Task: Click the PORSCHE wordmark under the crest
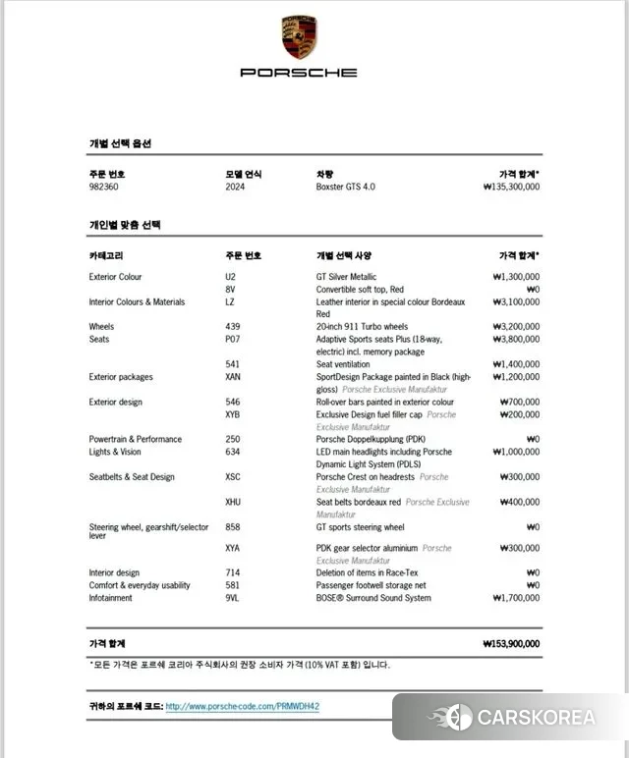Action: [x=299, y=73]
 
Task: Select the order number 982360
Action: [x=107, y=187]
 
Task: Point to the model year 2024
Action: [x=235, y=187]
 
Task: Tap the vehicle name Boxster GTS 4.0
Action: [x=345, y=187]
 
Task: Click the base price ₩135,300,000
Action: [x=511, y=187]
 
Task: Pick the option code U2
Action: [x=230, y=277]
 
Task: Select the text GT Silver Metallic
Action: [x=346, y=277]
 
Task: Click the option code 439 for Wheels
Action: [x=232, y=327]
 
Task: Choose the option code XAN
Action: [x=233, y=377]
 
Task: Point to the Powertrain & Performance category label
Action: [x=135, y=440]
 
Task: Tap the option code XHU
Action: [x=233, y=502]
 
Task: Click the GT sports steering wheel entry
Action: [x=360, y=527]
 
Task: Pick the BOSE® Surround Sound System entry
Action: [x=372, y=597]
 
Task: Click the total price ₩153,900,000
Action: [x=511, y=644]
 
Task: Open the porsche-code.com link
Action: [x=243, y=706]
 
